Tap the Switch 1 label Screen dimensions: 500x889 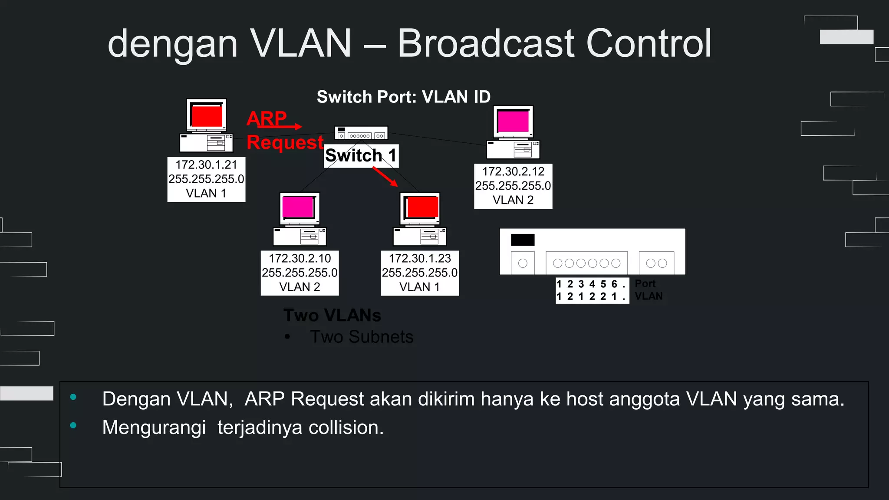(x=361, y=155)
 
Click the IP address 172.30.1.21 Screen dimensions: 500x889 (x=206, y=165)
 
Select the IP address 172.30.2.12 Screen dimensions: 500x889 (x=513, y=171)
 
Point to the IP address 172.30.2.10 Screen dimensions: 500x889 (x=300, y=258)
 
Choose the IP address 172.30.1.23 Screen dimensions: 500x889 (x=420, y=258)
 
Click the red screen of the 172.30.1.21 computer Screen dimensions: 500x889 (x=207, y=116)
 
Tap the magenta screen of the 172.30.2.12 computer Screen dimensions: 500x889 (x=514, y=122)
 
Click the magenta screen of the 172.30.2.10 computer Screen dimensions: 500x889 (x=298, y=207)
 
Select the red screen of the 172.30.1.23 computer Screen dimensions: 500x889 (x=422, y=207)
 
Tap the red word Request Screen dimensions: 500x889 (x=285, y=142)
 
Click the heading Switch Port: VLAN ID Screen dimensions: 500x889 (x=404, y=97)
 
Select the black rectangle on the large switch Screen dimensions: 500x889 (x=523, y=240)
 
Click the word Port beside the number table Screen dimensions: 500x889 (x=645, y=284)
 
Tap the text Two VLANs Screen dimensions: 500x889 (x=332, y=316)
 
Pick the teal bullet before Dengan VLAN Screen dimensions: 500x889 (x=73, y=397)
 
